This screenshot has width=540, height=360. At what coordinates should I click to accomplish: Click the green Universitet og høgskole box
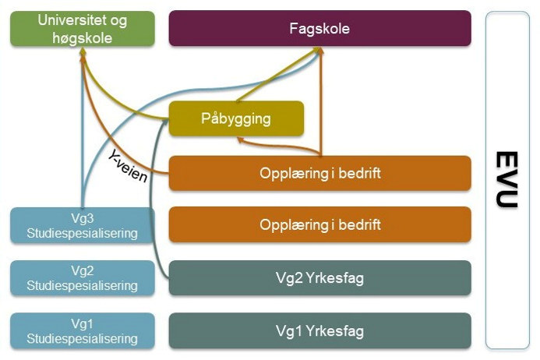[82, 28]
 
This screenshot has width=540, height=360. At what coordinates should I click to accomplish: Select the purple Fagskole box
[319, 29]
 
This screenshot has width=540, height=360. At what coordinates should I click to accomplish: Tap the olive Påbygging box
[235, 119]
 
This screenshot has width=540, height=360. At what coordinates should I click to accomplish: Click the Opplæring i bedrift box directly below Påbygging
[319, 173]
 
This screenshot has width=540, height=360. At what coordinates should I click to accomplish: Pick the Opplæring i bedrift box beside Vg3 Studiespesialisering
[319, 225]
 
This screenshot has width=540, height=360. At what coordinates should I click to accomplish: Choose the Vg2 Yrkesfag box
[319, 278]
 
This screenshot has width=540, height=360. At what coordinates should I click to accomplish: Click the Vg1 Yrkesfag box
[319, 331]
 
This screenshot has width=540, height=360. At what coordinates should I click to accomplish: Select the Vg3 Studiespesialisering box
[82, 225]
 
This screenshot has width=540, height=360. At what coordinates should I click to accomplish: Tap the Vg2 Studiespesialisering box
[82, 278]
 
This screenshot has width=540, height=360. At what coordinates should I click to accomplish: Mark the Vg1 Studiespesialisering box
[82, 331]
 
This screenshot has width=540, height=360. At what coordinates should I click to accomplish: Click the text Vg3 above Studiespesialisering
[82, 218]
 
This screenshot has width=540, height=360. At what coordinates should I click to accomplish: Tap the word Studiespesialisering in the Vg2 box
[82, 285]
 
